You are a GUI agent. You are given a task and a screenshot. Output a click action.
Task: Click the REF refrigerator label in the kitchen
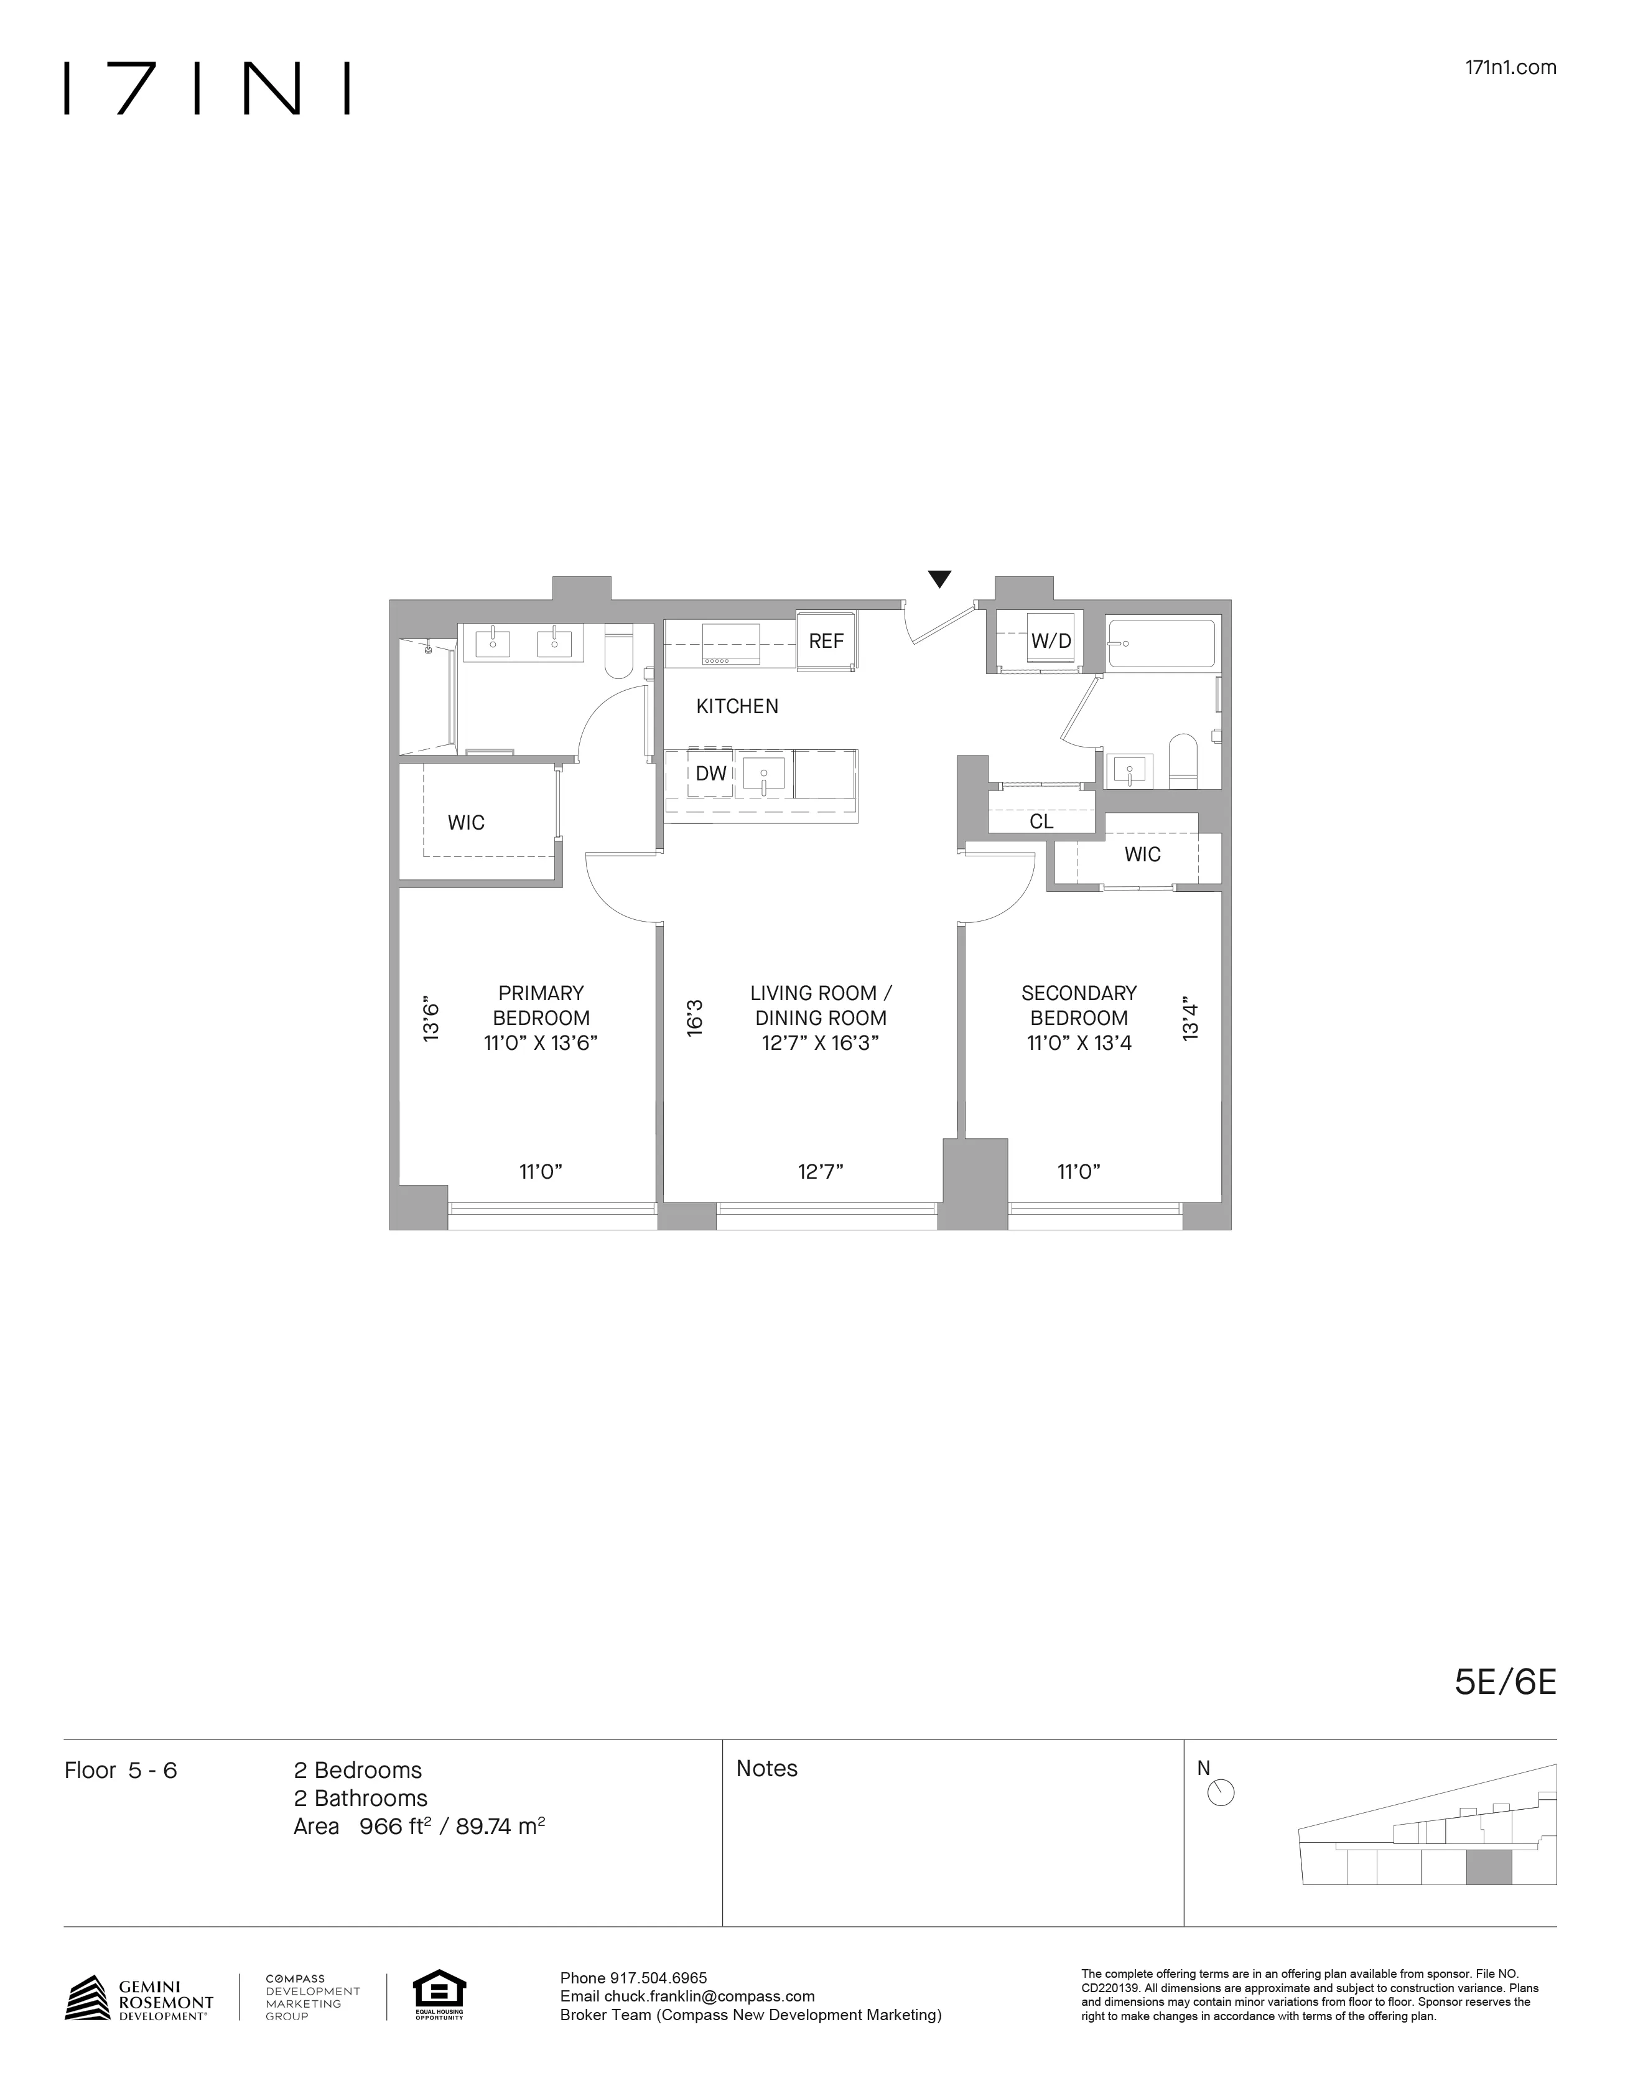tap(826, 642)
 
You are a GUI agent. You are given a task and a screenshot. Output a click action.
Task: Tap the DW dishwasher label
tap(711, 774)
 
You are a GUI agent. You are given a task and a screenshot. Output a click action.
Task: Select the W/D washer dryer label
tap(1051, 642)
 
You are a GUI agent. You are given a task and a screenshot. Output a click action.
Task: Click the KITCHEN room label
tap(737, 707)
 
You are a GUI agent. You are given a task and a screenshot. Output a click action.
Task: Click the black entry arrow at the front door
tap(939, 579)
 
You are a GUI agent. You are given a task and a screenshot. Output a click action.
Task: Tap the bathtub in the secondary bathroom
tap(1161, 644)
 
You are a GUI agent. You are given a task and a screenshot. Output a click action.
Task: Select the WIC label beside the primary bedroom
tap(465, 823)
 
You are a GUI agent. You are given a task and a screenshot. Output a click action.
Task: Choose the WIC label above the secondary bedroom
tap(1142, 855)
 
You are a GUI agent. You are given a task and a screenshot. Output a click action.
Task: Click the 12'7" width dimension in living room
tap(819, 1172)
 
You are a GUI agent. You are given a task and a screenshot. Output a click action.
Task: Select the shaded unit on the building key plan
tap(1488, 1870)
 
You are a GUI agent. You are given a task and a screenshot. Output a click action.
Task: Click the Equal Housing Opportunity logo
tap(439, 1996)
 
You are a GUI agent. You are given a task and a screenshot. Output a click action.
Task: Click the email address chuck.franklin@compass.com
tap(709, 1997)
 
